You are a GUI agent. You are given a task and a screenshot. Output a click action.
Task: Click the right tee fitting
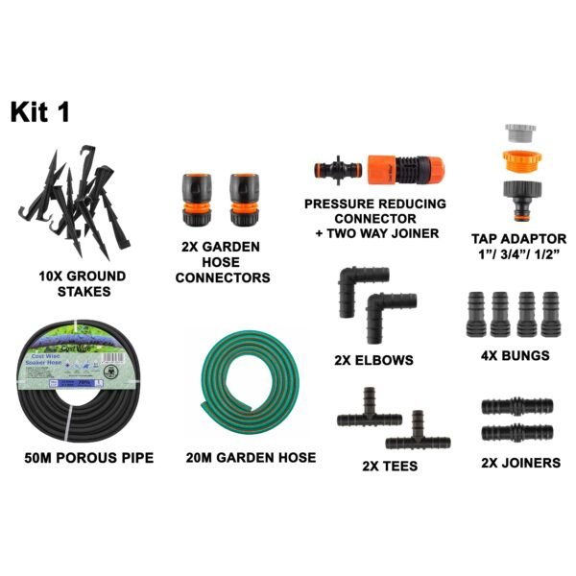[417, 435]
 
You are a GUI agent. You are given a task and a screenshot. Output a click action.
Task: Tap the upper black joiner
[519, 408]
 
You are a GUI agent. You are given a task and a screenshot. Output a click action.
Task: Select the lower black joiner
[519, 433]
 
